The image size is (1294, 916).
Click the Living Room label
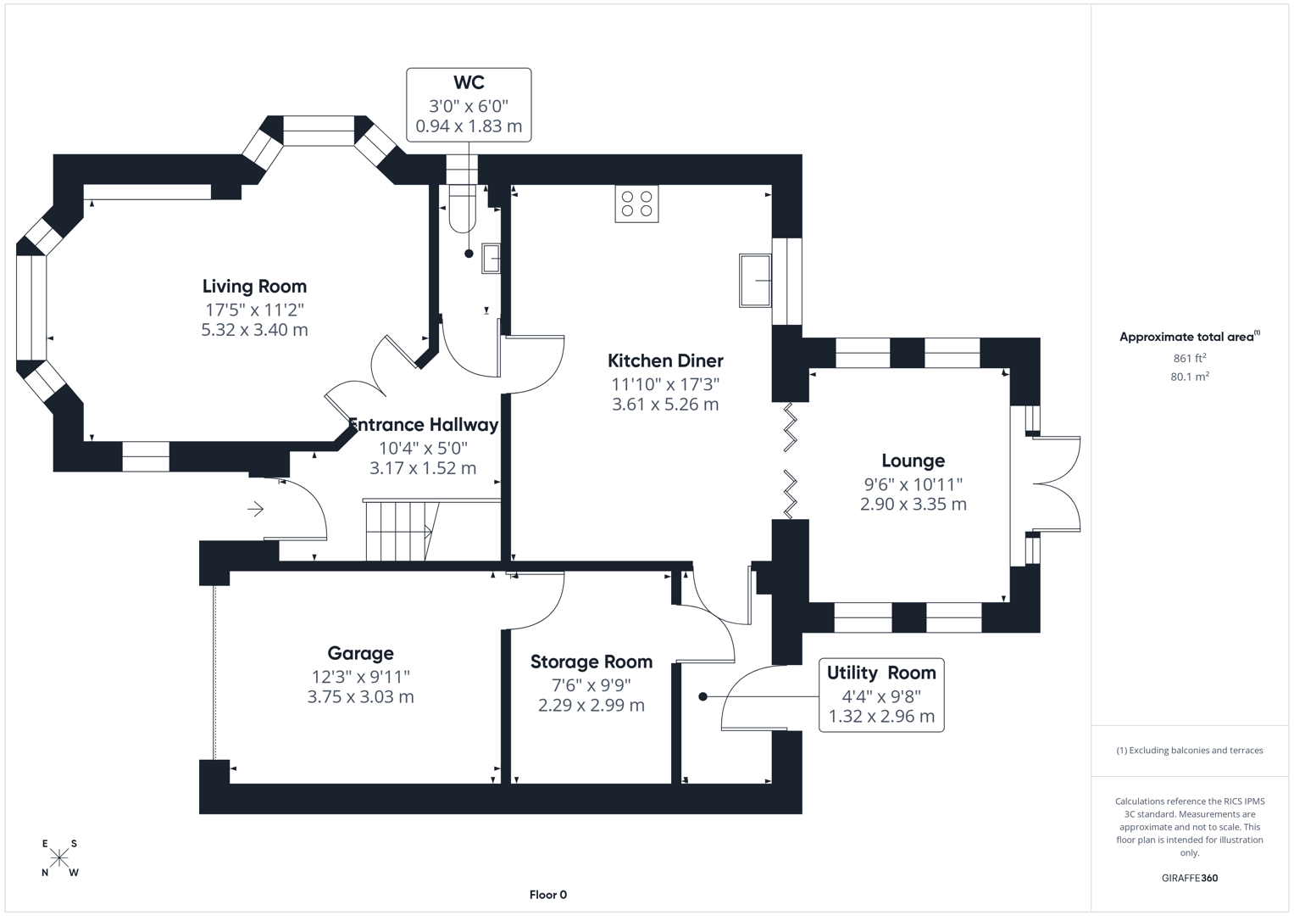(254, 287)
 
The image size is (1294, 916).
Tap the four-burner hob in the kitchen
(636, 204)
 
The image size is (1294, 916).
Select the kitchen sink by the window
(755, 280)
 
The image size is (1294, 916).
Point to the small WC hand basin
(491, 258)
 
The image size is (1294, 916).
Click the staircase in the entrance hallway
(399, 531)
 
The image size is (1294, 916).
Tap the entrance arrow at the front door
(255, 509)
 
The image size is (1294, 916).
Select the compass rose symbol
(59, 857)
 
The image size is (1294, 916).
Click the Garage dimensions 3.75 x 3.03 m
(360, 697)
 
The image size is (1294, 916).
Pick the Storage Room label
(591, 662)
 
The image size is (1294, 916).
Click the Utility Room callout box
(881, 695)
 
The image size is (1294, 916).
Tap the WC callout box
(469, 105)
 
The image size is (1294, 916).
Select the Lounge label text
(913, 461)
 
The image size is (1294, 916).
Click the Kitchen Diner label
(665, 360)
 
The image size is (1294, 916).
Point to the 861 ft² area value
(1189, 358)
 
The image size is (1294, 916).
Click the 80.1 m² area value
(1189, 377)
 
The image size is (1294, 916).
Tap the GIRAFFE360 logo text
(1189, 878)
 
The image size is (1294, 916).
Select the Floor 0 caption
(547, 894)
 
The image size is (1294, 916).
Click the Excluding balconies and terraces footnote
(1189, 751)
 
